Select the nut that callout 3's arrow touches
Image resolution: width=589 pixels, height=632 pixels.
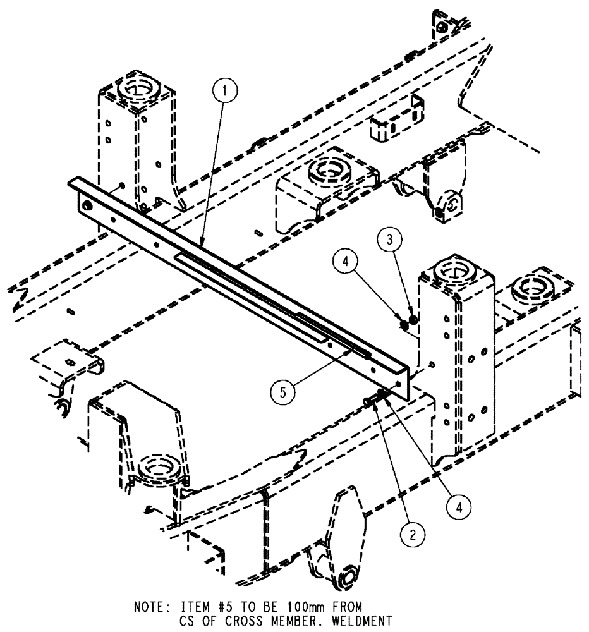pyautogui.click(x=411, y=320)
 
